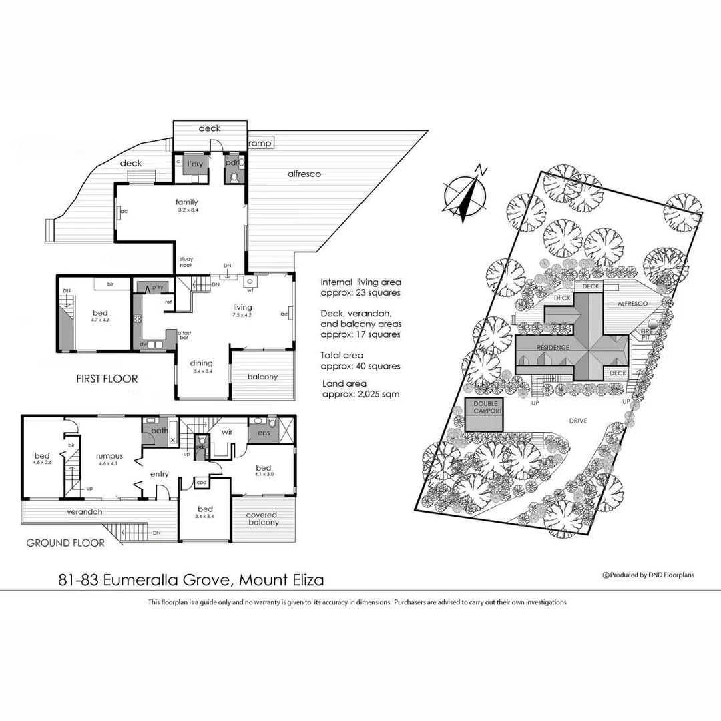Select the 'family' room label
tap(186, 202)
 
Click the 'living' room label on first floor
tap(242, 307)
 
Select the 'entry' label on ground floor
tap(160, 474)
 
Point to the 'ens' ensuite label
tap(264, 433)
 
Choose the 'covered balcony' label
tap(262, 519)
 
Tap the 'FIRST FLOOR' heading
tap(107, 379)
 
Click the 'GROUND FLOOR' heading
tap(65, 543)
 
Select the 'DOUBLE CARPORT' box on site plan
tap(485, 407)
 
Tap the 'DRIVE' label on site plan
tap(579, 421)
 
